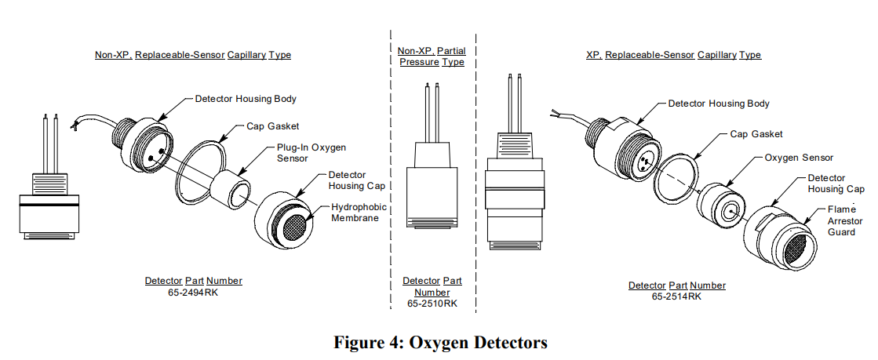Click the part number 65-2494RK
pyautogui.click(x=193, y=292)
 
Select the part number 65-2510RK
pyautogui.click(x=432, y=303)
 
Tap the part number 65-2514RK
pyautogui.click(x=676, y=296)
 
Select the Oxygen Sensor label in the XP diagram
pyautogui.click(x=799, y=158)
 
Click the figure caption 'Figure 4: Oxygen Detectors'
pyautogui.click(x=440, y=343)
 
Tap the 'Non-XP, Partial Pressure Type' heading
pyautogui.click(x=432, y=56)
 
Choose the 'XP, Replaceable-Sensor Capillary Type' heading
pyautogui.click(x=673, y=55)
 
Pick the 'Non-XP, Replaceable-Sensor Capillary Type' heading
pyautogui.click(x=193, y=55)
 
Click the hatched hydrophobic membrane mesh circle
pyautogui.click(x=293, y=227)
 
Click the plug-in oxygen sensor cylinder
pyautogui.click(x=230, y=190)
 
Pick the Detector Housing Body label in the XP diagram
pyautogui.click(x=718, y=104)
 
